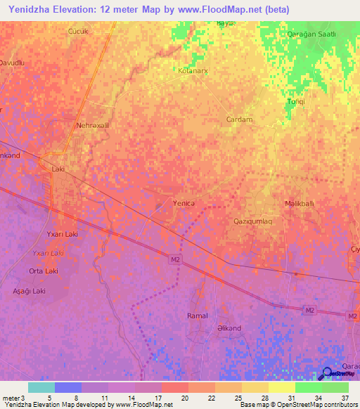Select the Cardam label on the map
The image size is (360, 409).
click(x=239, y=119)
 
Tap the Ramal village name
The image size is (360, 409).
click(x=198, y=316)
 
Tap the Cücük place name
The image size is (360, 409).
click(x=77, y=32)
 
